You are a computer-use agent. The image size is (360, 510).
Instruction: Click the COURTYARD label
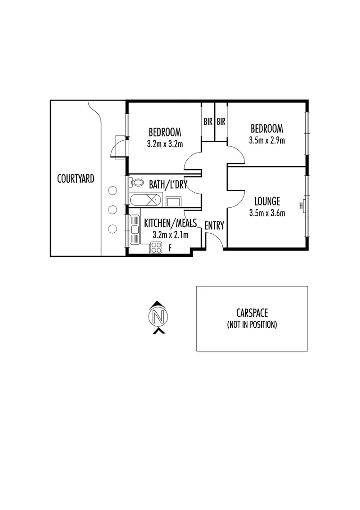click(75, 179)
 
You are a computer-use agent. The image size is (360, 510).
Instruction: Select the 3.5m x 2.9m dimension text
click(267, 140)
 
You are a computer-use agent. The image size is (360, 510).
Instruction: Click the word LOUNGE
click(267, 202)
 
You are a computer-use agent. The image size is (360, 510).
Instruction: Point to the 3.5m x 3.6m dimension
click(267, 213)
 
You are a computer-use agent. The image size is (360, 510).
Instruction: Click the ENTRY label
click(214, 226)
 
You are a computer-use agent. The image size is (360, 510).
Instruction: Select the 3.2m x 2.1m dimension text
click(170, 235)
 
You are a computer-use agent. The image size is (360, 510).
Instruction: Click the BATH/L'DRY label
click(167, 184)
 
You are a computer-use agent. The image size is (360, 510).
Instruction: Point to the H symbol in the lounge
click(301, 205)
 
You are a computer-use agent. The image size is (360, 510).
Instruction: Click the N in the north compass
click(159, 316)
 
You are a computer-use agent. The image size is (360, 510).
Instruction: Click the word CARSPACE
click(252, 313)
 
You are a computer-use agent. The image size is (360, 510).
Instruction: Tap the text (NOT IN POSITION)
click(252, 325)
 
